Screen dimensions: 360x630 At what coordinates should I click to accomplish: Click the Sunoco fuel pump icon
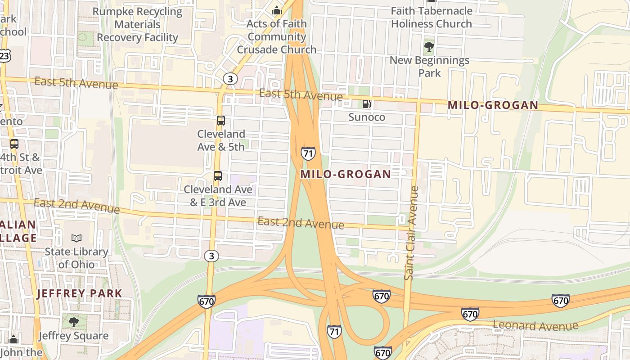[367, 104]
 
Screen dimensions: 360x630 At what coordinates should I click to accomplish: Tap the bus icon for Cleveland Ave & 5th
[220, 121]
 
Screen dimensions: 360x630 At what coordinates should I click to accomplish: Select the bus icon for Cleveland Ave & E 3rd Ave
[218, 176]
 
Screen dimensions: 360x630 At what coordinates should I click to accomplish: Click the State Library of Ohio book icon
[76, 238]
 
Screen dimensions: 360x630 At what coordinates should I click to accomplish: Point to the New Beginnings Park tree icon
[429, 46]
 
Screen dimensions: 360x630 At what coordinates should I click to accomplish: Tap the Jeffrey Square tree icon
[73, 322]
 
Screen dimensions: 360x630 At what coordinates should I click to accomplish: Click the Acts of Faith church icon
[276, 10]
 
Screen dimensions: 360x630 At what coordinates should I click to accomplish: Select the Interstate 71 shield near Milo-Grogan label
[308, 153]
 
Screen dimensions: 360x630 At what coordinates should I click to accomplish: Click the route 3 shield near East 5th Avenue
[230, 79]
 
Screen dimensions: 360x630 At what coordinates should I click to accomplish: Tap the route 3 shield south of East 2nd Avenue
[211, 256]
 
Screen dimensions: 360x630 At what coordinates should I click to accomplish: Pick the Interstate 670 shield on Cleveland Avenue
[206, 301]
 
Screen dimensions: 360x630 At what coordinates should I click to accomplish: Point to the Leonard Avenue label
[535, 325]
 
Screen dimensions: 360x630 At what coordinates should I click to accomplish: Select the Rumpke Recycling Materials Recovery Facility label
[138, 24]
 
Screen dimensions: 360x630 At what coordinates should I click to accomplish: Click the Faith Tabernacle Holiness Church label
[431, 17]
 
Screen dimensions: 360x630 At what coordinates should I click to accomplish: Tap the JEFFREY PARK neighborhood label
[79, 293]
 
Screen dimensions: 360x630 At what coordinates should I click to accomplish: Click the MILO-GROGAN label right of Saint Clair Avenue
[493, 105]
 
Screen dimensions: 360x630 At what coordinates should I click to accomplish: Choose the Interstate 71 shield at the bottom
[334, 331]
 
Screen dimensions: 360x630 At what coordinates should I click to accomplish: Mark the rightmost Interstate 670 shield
[560, 300]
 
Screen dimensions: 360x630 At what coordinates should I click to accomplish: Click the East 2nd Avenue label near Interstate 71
[301, 223]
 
